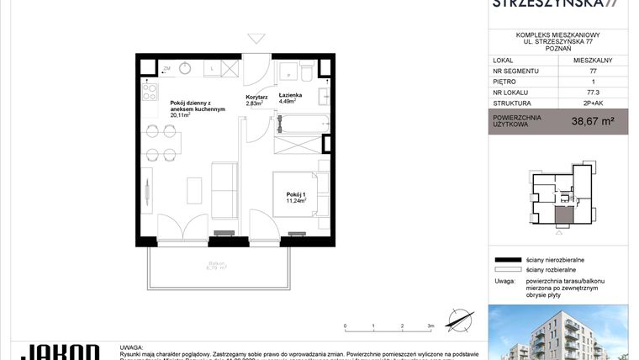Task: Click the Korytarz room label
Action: tap(256, 98)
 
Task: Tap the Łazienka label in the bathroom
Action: tap(291, 98)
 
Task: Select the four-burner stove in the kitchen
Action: tap(151, 88)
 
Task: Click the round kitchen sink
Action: tap(185, 69)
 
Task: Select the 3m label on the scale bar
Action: tap(430, 325)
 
